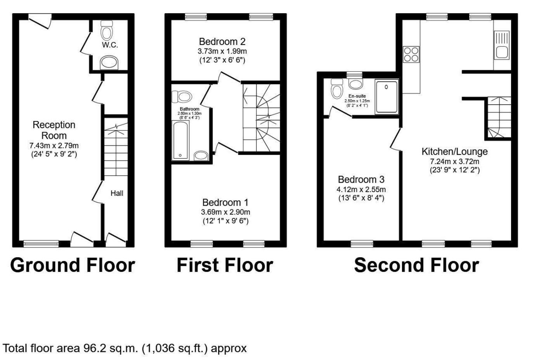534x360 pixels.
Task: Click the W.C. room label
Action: [110, 45]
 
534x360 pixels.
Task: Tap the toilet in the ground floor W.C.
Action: [106, 29]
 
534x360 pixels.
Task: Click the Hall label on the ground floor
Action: [117, 193]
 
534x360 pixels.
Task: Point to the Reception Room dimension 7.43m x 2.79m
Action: [54, 146]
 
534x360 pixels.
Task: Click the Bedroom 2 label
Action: [222, 42]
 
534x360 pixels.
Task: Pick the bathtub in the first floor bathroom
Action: [180, 140]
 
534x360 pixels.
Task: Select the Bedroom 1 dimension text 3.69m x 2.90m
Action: [225, 212]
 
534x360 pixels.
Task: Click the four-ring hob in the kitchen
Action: [411, 54]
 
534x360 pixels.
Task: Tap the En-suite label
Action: [357, 96]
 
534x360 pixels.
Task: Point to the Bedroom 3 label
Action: [361, 180]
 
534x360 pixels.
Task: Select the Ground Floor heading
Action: [73, 265]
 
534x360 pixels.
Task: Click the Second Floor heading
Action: [416, 265]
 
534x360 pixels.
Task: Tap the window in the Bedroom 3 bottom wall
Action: [362, 244]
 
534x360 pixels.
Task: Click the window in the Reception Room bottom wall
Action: [41, 244]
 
